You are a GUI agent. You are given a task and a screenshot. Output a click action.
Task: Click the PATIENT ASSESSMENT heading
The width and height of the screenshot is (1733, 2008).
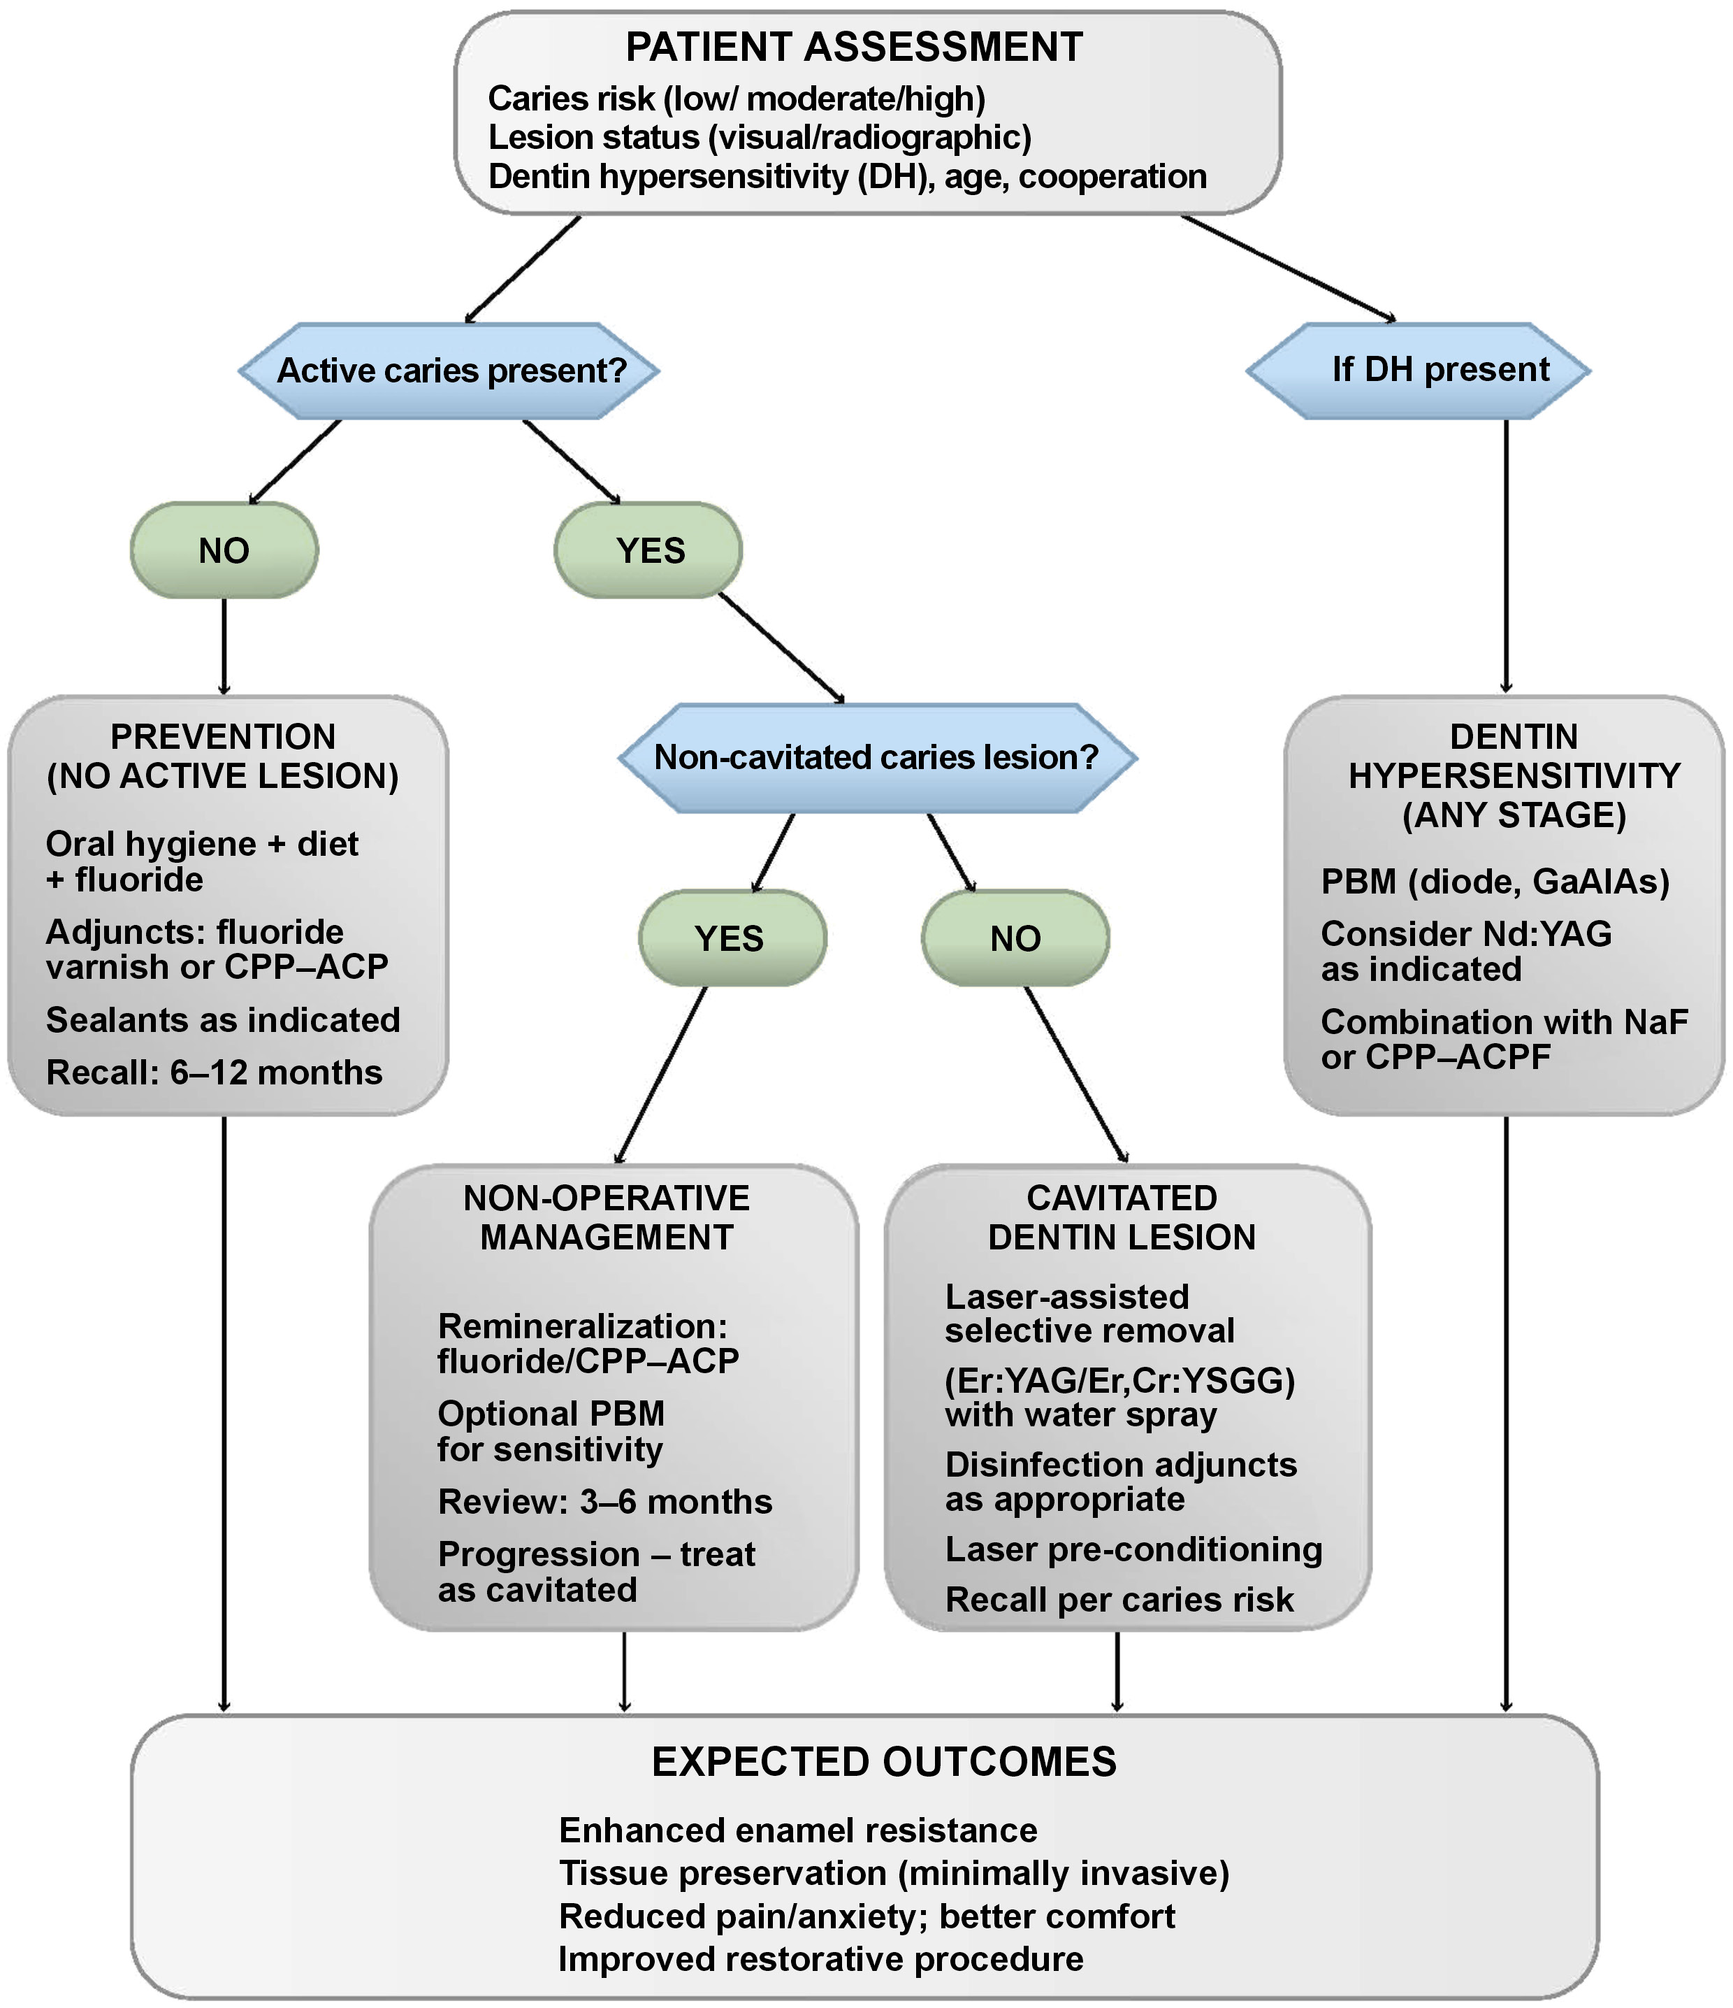click(853, 48)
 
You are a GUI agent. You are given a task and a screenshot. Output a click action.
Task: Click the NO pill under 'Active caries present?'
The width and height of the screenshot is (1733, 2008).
click(224, 550)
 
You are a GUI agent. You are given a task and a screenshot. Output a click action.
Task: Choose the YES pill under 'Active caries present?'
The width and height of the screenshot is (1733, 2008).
click(649, 550)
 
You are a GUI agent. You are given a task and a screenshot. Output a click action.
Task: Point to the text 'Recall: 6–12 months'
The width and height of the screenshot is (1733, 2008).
click(214, 1073)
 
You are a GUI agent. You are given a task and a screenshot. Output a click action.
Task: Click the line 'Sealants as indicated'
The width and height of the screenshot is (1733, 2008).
click(223, 1019)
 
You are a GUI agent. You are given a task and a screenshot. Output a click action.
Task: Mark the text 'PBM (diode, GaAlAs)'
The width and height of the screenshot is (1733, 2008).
click(1495, 881)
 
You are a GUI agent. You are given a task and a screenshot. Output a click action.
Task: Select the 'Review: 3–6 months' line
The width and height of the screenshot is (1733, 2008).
click(604, 1501)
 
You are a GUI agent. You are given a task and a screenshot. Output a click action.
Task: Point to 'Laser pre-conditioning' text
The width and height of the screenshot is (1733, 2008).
click(1133, 1549)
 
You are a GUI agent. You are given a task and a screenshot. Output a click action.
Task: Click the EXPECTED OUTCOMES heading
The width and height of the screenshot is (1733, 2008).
click(883, 1762)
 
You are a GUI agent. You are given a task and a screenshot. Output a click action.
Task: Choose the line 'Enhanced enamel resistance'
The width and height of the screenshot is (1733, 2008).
click(797, 1830)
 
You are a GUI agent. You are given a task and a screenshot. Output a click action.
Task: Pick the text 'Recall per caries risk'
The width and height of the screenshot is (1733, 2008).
click(1119, 1600)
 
